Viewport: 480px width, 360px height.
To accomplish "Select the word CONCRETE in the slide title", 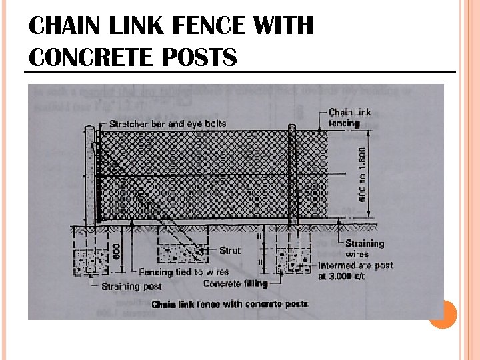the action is [x=91, y=58].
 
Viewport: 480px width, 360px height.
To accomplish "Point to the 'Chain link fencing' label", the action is [x=350, y=118].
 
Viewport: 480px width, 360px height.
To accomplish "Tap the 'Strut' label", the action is [x=230, y=251].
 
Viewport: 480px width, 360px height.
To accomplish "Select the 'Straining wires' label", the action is [x=365, y=249].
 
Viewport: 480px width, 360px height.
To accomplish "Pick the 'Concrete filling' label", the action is [x=235, y=284].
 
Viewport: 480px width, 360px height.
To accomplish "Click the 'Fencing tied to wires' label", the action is [x=184, y=273].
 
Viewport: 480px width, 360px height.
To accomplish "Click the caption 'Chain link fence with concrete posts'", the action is [x=230, y=304].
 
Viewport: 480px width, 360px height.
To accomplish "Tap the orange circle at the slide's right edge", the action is [x=442, y=313].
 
